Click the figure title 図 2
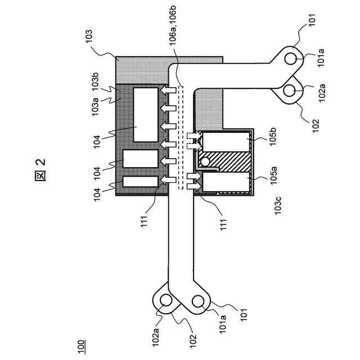(x=40, y=169)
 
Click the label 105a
(x=272, y=179)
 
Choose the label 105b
(x=272, y=139)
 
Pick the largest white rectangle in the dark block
(x=146, y=115)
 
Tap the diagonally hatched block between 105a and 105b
(x=225, y=162)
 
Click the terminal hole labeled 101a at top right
(x=291, y=58)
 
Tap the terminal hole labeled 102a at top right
(x=291, y=90)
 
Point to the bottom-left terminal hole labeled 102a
(x=167, y=302)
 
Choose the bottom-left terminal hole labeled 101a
(x=198, y=302)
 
